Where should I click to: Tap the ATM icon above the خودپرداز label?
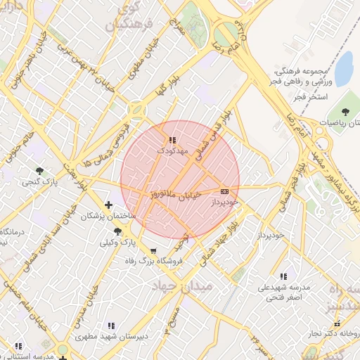pos(224,191)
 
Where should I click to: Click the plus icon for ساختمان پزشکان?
pos(108,205)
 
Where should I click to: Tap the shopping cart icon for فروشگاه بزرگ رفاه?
pos(154,250)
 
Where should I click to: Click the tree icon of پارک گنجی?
pos(39,171)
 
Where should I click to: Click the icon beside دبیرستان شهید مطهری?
pos(110,326)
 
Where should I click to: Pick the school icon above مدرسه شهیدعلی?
pos(283,277)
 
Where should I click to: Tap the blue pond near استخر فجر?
pos(344,67)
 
